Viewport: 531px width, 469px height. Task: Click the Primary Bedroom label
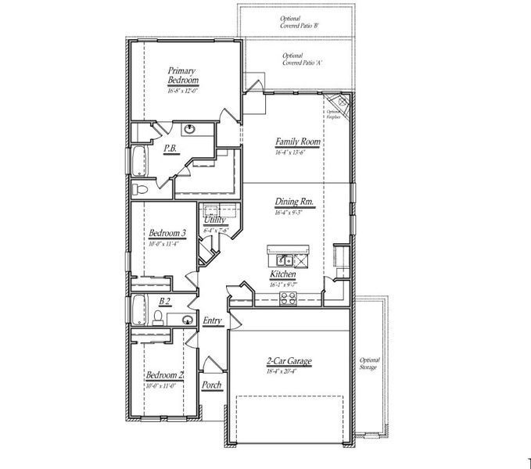[183, 76]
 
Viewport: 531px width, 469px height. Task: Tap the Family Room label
[297, 142]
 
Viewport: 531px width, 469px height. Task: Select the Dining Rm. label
[294, 202]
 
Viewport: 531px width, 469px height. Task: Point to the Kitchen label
[282, 274]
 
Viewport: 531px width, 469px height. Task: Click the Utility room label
[215, 220]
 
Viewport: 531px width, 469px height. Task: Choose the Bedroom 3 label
[167, 233]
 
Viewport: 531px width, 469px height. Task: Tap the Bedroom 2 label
[164, 375]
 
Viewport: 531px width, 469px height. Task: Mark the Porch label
[211, 385]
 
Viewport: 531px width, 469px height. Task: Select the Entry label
[212, 320]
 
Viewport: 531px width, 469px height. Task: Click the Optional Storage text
[368, 363]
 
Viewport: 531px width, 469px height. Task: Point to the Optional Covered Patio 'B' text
[299, 23]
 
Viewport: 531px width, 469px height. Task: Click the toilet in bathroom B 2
[158, 317]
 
